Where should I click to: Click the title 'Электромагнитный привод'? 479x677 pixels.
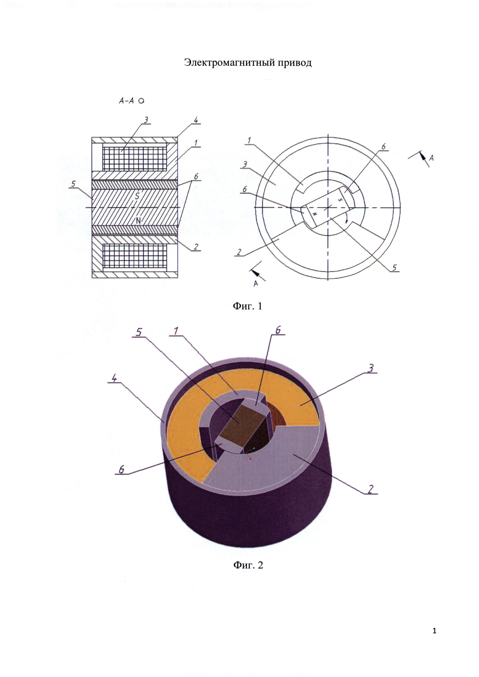248,63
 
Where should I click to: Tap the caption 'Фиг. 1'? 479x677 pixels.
247,306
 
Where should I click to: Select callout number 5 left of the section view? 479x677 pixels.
73,184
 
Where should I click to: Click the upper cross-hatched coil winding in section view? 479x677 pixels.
134,158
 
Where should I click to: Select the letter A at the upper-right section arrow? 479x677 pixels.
431,158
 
